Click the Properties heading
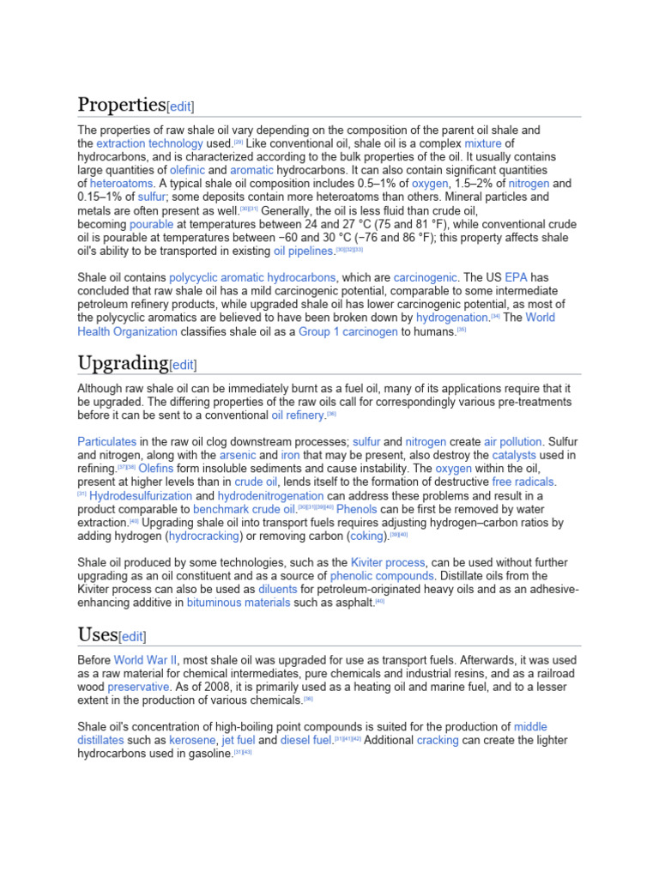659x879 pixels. [121, 105]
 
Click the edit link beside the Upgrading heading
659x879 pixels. [184, 365]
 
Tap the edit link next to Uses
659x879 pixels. [133, 636]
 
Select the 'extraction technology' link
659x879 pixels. [149, 143]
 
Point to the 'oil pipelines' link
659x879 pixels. [303, 251]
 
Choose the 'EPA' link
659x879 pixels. [516, 277]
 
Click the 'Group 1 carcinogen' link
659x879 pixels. [348, 331]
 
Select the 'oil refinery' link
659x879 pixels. [299, 415]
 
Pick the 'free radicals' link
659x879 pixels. [523, 482]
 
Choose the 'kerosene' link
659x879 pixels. [192, 740]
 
